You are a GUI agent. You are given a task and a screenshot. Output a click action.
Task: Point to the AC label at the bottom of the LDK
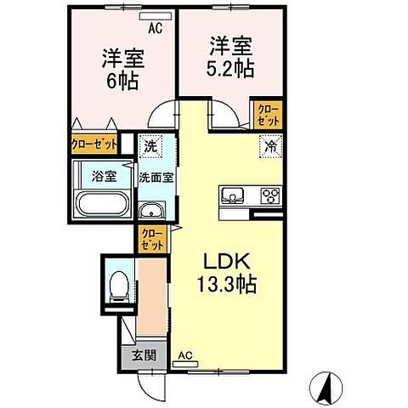(184, 358)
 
